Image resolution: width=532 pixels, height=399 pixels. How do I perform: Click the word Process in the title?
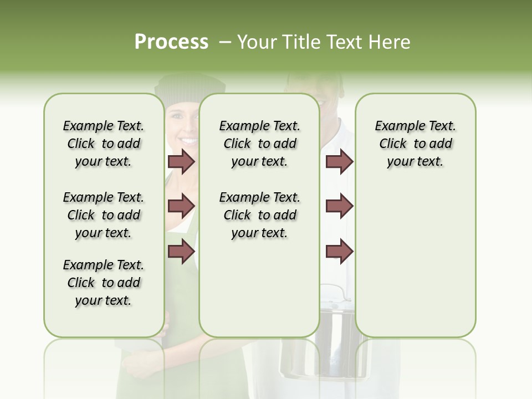tap(171, 42)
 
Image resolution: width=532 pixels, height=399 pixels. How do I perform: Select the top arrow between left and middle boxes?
tap(181, 162)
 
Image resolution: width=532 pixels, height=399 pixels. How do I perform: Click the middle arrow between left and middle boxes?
tap(181, 206)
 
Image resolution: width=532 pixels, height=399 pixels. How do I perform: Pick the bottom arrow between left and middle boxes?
tap(181, 252)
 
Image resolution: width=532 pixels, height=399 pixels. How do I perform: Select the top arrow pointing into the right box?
tap(339, 162)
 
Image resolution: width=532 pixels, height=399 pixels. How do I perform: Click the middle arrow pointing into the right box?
tap(339, 206)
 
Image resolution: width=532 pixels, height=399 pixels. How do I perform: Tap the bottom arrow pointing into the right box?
tap(339, 252)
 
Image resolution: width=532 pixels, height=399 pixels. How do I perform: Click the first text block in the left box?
tap(104, 144)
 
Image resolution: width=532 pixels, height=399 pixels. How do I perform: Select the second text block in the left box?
tap(104, 215)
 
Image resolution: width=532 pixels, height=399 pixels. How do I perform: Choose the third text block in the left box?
tap(104, 283)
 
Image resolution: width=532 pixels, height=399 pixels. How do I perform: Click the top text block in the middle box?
tap(259, 144)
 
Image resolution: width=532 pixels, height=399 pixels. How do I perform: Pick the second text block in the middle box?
tap(259, 215)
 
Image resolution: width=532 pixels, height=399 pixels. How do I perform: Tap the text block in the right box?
tap(415, 144)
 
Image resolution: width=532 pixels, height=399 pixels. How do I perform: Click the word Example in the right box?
tap(395, 126)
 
